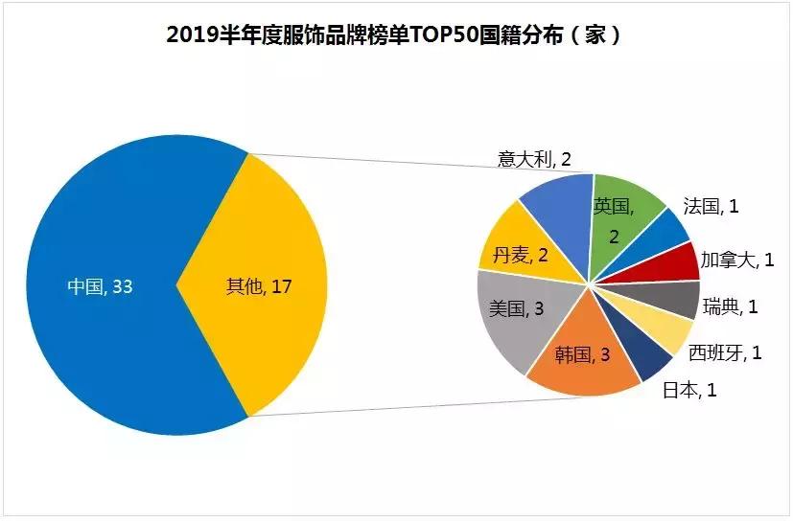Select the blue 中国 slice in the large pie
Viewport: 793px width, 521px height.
tap(105, 239)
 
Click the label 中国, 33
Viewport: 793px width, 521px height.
tap(100, 285)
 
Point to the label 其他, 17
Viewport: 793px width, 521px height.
tap(258, 285)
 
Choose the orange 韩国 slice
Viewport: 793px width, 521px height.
tap(585, 359)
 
